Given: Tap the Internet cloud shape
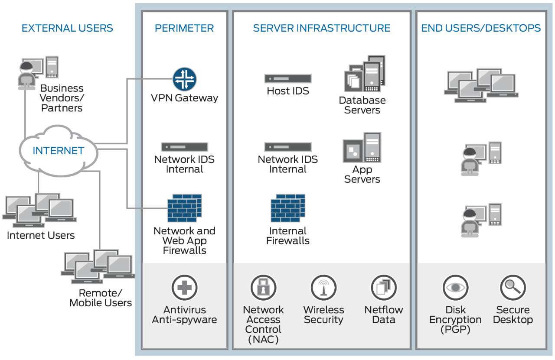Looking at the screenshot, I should pyautogui.click(x=58, y=150).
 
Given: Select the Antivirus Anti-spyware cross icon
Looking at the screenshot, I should pyautogui.click(x=184, y=287).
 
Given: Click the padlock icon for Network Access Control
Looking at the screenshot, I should pyautogui.click(x=263, y=287).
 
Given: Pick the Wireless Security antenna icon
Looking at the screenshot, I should pyautogui.click(x=323, y=287).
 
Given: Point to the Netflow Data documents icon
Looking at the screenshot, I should pyautogui.click(x=384, y=287).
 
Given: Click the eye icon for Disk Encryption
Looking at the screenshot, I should pyautogui.click(x=455, y=287).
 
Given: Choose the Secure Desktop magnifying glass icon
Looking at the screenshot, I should pyautogui.click(x=513, y=287).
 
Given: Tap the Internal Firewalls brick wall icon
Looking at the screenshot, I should pyautogui.click(x=288, y=208).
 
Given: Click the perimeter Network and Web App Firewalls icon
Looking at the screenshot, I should pyautogui.click(x=185, y=208).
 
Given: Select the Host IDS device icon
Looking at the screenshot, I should pyautogui.click(x=288, y=79).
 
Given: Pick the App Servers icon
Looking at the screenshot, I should pyautogui.click(x=362, y=148).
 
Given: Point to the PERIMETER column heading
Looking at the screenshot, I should pyautogui.click(x=184, y=29).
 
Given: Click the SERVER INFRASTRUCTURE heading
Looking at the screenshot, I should pyautogui.click(x=321, y=29).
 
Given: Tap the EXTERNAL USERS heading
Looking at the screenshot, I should pyautogui.click(x=67, y=29).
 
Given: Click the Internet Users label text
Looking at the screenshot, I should pyautogui.click(x=41, y=236).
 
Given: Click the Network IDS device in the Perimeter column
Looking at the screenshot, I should pyautogui.click(x=185, y=147).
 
